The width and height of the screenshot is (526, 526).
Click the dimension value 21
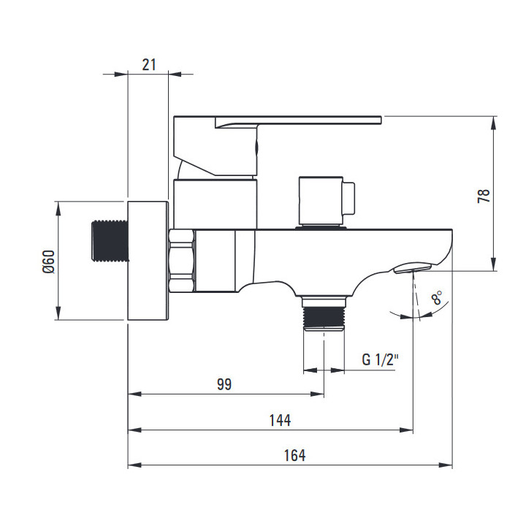(x=149, y=65)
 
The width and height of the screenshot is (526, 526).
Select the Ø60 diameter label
(x=49, y=262)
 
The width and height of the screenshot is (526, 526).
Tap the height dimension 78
(x=484, y=196)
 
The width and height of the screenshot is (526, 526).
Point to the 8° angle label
(x=437, y=297)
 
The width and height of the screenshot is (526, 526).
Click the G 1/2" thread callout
(x=380, y=359)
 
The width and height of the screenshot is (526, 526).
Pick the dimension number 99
(x=224, y=384)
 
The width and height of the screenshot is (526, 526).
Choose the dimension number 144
(x=280, y=420)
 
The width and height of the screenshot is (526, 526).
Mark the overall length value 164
(x=295, y=456)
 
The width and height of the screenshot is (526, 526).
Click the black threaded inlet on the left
(x=110, y=240)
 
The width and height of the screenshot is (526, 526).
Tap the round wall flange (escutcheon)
(x=148, y=261)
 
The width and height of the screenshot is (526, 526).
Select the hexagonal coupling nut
(x=181, y=260)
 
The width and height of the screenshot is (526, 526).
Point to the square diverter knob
(x=327, y=201)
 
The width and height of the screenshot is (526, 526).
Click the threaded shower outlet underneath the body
(x=324, y=313)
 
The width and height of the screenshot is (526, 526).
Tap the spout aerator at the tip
(x=413, y=268)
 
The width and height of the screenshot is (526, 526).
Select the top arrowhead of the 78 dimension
(x=493, y=123)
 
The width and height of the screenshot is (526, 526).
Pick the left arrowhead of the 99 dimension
(x=135, y=394)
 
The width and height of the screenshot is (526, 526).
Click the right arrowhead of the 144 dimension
(x=406, y=430)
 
